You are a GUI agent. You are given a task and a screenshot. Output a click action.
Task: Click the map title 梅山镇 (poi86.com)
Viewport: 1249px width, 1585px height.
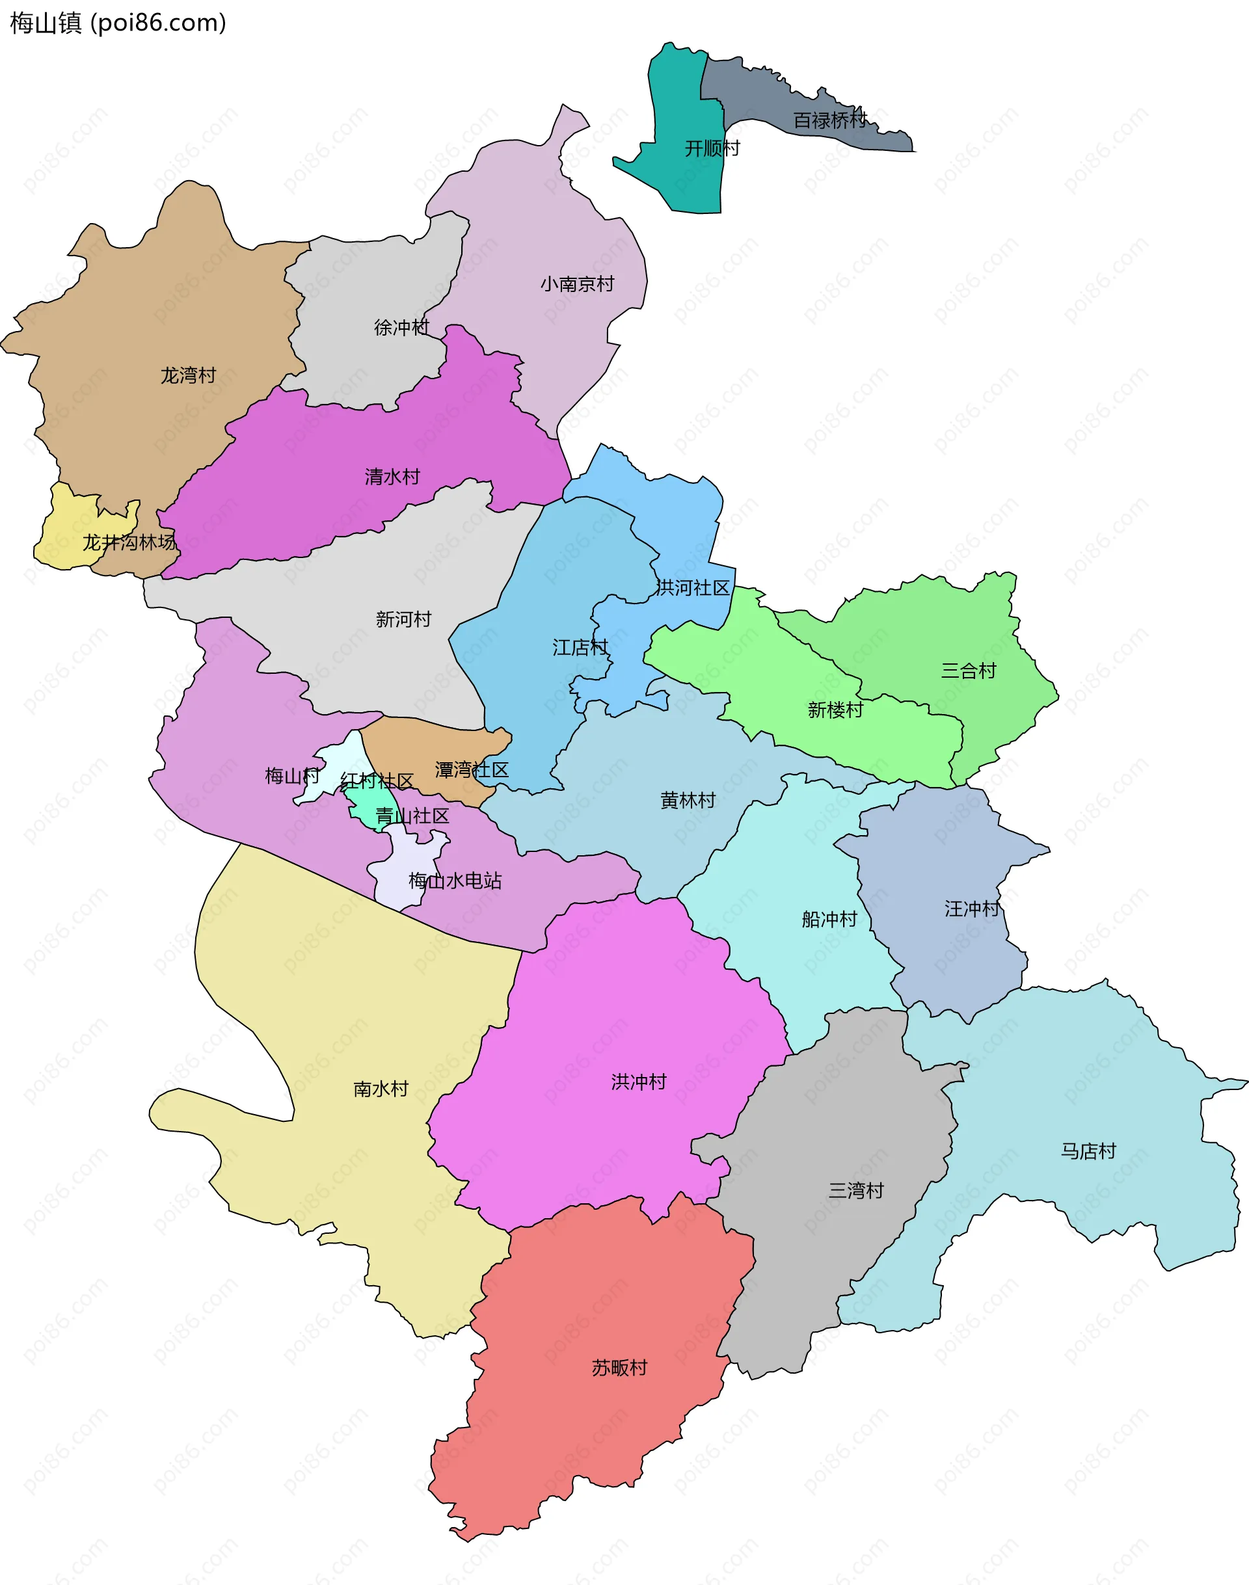[118, 23]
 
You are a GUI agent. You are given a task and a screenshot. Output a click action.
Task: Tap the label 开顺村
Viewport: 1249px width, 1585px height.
[712, 148]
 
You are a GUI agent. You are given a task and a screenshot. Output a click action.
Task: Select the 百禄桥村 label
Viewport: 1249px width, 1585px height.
[830, 120]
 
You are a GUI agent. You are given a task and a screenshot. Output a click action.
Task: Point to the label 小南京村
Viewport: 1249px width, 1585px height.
[577, 284]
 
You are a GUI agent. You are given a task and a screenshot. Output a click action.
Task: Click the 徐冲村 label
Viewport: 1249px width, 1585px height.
[401, 328]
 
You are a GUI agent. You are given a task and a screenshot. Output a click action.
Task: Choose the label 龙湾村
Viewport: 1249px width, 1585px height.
[188, 376]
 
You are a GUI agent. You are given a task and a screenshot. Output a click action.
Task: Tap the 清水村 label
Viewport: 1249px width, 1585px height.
[393, 477]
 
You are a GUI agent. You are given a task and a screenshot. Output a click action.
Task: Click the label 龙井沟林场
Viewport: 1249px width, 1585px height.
[129, 542]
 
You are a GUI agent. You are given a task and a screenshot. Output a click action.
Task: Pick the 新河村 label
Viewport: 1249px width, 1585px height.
[403, 619]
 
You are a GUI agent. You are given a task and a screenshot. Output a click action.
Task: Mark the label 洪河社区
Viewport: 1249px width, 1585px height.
[693, 588]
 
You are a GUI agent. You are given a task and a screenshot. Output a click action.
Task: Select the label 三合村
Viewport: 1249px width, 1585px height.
[968, 671]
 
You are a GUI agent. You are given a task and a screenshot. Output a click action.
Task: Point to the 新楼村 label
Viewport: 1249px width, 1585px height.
[835, 710]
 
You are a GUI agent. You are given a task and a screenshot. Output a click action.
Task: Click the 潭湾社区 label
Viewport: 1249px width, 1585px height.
[472, 770]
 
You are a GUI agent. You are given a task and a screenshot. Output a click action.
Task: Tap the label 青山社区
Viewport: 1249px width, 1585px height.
[412, 816]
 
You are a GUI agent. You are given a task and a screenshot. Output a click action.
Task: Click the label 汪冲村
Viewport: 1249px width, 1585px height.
[972, 909]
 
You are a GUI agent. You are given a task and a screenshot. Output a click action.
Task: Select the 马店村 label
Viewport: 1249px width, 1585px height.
[1088, 1151]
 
